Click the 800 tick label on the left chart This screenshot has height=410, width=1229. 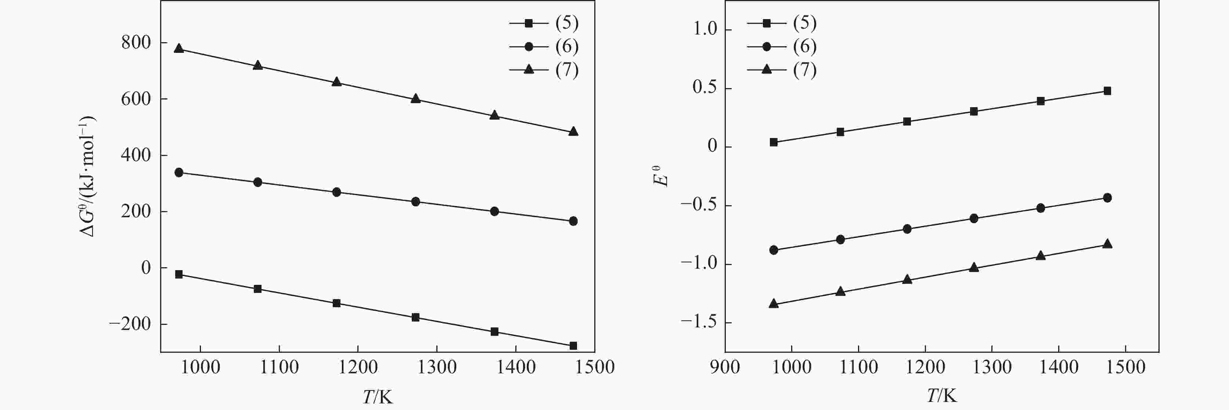(x=136, y=43)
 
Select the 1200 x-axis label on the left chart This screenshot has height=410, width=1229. (x=357, y=367)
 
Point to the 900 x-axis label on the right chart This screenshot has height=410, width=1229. (x=725, y=367)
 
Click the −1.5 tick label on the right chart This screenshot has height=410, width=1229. (x=699, y=323)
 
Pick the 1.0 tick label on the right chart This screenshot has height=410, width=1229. (x=705, y=30)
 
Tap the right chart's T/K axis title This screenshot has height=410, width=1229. (x=942, y=396)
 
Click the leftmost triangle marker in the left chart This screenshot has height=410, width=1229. (x=179, y=48)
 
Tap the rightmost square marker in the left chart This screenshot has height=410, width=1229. (x=573, y=346)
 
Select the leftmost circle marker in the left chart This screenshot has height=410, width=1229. (x=179, y=173)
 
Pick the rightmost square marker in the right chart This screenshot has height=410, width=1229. (x=1107, y=91)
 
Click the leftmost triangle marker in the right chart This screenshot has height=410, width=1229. (x=774, y=304)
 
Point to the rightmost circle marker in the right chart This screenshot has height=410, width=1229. (x=1107, y=198)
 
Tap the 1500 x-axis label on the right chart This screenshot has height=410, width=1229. (x=1125, y=367)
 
